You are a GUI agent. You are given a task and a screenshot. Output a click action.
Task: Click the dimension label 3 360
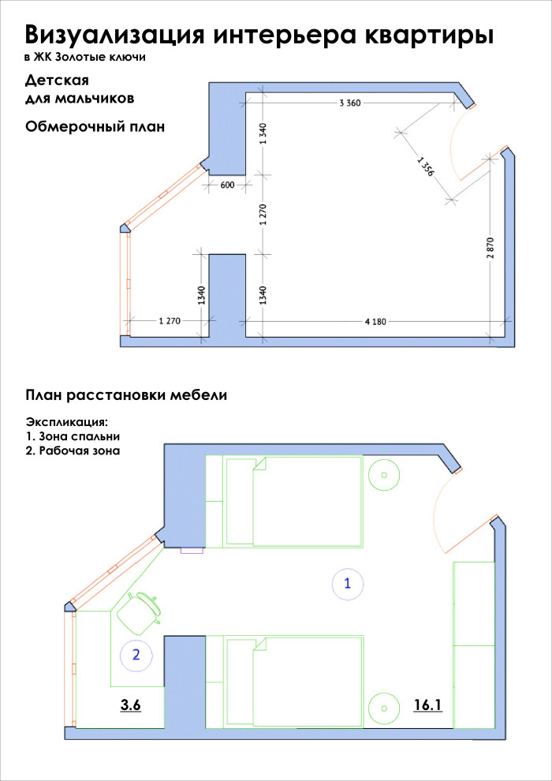(349, 103)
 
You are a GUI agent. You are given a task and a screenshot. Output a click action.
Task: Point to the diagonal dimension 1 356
(424, 166)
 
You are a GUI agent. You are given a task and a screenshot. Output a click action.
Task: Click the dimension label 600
(228, 185)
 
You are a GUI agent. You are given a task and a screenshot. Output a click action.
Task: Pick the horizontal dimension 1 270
(170, 321)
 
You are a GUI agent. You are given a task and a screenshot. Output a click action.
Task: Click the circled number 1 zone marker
(347, 584)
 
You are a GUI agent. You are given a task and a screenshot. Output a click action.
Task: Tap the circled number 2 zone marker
(136, 654)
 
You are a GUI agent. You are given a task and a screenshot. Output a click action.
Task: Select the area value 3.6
(130, 705)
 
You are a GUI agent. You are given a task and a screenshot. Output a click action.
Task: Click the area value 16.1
(427, 705)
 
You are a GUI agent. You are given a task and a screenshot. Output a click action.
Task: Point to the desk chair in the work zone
(139, 611)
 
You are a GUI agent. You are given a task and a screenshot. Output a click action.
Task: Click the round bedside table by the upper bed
(384, 474)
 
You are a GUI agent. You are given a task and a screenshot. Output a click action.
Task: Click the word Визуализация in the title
(117, 35)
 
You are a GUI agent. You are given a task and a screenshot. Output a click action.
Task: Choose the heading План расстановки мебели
(127, 395)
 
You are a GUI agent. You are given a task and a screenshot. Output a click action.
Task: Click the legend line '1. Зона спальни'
(73, 436)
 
